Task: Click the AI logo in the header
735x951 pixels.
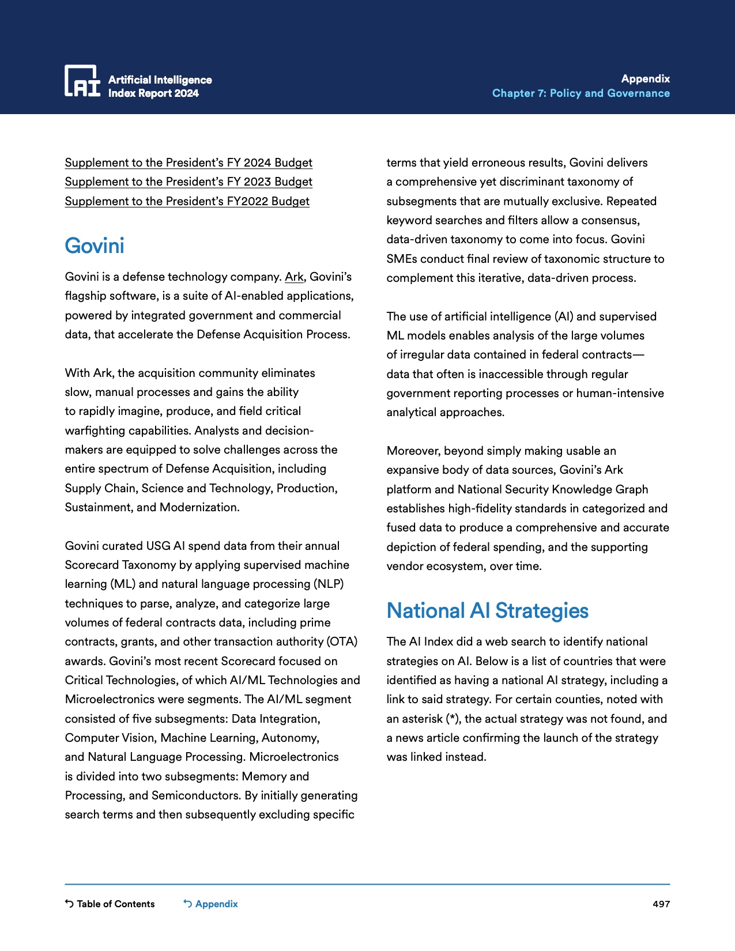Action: (x=82, y=81)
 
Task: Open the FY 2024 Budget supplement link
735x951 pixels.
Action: (x=189, y=163)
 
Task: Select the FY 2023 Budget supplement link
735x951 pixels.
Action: (x=189, y=182)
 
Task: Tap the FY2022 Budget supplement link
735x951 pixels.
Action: (x=187, y=201)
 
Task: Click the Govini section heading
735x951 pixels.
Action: (x=95, y=246)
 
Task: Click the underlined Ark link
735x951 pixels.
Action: (x=294, y=277)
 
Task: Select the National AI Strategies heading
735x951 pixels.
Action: (x=487, y=610)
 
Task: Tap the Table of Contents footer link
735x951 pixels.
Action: (x=110, y=904)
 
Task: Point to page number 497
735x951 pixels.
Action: (x=661, y=904)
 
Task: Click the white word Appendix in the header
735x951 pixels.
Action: (x=645, y=79)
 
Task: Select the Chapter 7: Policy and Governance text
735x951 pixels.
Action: (x=581, y=93)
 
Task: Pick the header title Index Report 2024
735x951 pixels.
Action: (x=153, y=93)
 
